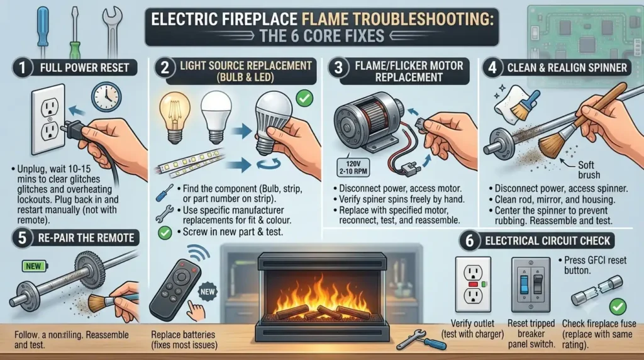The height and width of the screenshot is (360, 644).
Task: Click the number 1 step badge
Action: (x=22, y=68)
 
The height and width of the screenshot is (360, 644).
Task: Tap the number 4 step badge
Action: (x=492, y=68)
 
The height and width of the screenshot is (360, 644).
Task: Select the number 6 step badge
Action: (x=469, y=241)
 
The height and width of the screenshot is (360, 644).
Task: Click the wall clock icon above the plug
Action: (x=106, y=96)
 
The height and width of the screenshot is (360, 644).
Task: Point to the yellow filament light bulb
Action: (x=175, y=117)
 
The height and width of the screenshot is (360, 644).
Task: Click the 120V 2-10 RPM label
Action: (x=353, y=167)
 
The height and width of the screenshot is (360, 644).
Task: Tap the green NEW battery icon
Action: (x=35, y=266)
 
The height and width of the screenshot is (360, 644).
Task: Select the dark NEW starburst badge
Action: (x=208, y=292)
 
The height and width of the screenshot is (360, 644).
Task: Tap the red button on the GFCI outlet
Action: (x=473, y=284)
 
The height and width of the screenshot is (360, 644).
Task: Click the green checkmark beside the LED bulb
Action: (x=304, y=99)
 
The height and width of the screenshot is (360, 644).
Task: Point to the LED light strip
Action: (x=191, y=163)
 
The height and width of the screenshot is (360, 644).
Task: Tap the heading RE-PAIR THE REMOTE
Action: (x=86, y=238)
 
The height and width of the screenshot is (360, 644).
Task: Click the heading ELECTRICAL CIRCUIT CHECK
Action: (x=548, y=241)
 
